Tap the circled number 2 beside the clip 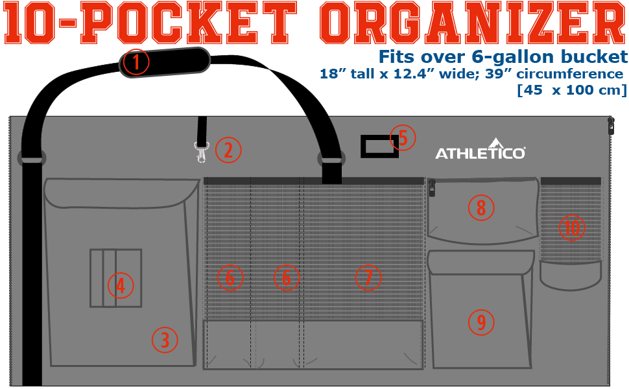tap(228, 150)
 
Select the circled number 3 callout tap(165, 339)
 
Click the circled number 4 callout tap(121, 285)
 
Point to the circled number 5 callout tap(403, 137)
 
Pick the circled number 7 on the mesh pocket tap(368, 278)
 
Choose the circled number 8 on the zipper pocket tap(481, 207)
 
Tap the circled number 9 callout tap(481, 321)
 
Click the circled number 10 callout tap(572, 228)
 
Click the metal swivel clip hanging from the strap tap(201, 154)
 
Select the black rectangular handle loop tap(379, 147)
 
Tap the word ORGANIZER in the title tap(473, 25)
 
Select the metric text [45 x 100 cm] tap(571, 89)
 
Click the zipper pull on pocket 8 tap(432, 187)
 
